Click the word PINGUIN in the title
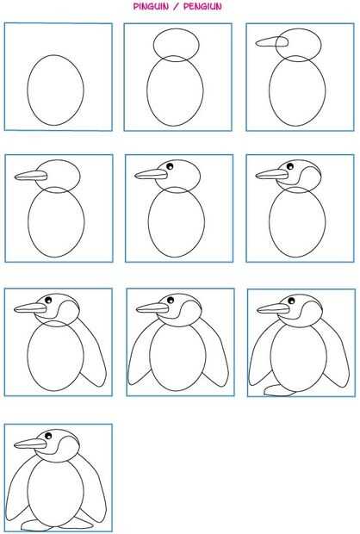coord(151,6)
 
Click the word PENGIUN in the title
coord(202,6)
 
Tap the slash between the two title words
coord(176,6)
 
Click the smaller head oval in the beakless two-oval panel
coord(176,28)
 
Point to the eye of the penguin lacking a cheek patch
coord(170,166)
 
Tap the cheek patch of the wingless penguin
coord(309,177)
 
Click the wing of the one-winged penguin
coord(94,354)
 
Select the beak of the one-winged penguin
coord(30,308)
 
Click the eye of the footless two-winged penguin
coord(171,300)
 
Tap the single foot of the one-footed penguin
coord(280,391)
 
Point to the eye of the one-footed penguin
coord(291,301)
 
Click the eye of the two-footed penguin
coord(48,436)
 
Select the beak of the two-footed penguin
coord(30,444)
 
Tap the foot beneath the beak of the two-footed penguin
coord(37,525)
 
